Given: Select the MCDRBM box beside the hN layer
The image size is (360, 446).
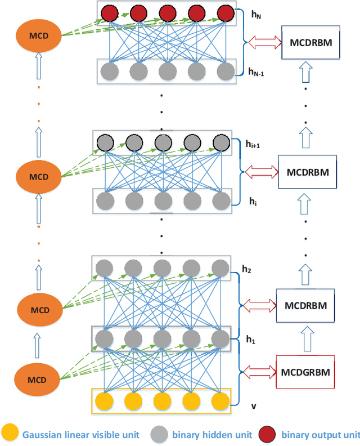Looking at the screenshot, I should coord(310,42).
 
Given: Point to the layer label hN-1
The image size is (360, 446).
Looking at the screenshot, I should coord(256,72).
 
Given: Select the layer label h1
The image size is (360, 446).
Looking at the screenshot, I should coord(251,339).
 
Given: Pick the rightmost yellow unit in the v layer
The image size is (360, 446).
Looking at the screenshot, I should coord(220,401).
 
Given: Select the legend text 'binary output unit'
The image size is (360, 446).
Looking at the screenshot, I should coord(317,434).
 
